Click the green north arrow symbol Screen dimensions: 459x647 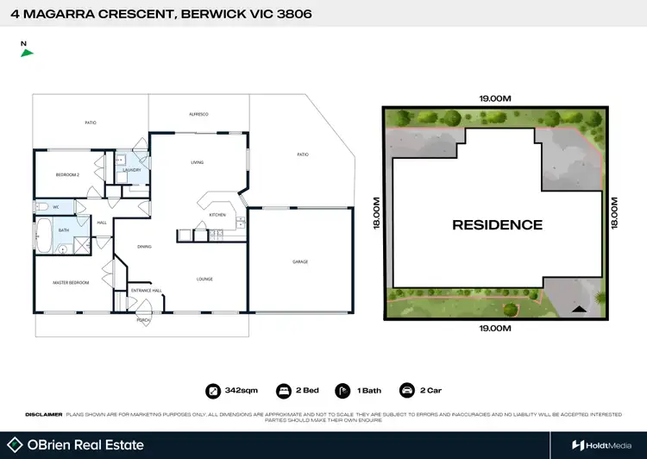(28, 53)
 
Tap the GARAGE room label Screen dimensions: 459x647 (299, 261)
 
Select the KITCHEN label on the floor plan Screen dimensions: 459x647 (217, 214)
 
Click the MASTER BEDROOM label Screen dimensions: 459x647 (71, 282)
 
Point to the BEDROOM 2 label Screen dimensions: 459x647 (67, 175)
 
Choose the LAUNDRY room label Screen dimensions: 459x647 (132, 170)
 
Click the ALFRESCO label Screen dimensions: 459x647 (199, 114)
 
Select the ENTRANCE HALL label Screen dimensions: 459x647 (145, 291)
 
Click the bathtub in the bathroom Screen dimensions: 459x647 (43, 230)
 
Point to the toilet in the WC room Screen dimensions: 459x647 (41, 207)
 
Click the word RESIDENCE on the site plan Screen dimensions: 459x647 (498, 225)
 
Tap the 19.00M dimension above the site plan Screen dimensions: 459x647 (495, 98)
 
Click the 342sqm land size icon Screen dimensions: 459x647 (213, 390)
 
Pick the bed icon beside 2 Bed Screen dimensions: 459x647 (282, 390)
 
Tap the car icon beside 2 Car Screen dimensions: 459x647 (406, 390)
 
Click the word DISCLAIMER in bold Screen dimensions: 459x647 (43, 414)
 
